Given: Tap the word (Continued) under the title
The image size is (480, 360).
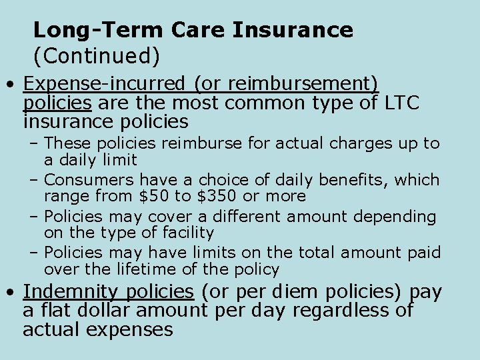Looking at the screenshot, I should click(x=97, y=57).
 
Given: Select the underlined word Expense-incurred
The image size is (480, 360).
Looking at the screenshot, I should click(x=105, y=84).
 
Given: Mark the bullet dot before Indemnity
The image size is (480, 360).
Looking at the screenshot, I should click(x=11, y=293).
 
